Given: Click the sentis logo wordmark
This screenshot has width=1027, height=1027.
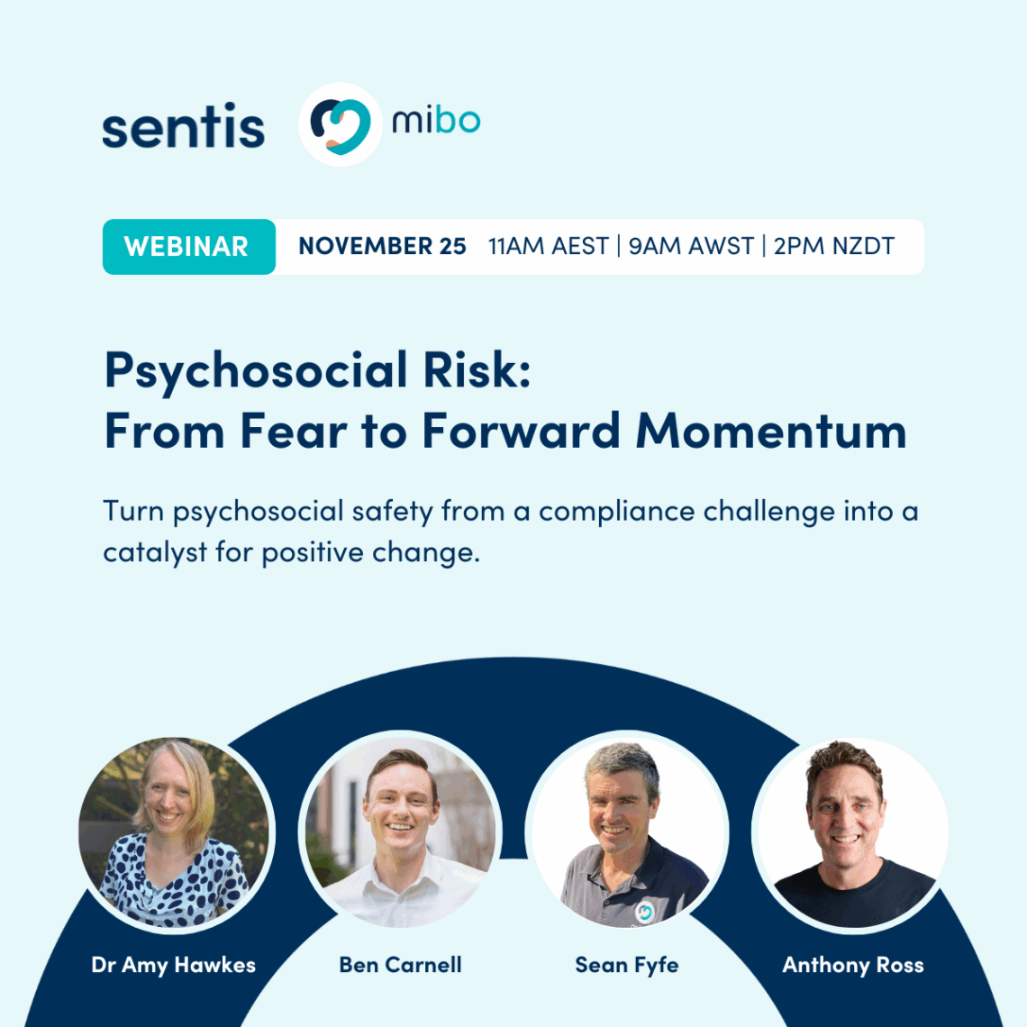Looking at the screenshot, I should click(183, 126).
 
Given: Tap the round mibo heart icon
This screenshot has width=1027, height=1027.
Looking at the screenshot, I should click(340, 124).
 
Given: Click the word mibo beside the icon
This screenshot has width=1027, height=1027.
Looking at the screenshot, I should click(436, 120).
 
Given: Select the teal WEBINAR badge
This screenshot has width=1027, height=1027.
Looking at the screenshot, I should click(187, 247).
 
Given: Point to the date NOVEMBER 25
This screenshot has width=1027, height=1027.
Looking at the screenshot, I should click(382, 247).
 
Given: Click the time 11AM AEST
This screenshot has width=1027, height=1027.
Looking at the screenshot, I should click(548, 247).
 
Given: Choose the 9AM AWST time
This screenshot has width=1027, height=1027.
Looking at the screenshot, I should click(691, 247).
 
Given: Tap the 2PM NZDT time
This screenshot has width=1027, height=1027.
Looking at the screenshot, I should click(834, 247).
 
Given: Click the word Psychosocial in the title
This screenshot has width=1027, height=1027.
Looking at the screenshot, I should click(256, 370).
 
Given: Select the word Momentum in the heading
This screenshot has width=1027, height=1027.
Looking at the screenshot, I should click(771, 431).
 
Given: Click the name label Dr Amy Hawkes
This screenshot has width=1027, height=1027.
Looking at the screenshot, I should click(174, 965).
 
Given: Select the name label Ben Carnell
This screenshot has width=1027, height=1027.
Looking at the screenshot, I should click(400, 965).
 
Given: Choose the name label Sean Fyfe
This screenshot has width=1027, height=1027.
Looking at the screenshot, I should click(627, 965).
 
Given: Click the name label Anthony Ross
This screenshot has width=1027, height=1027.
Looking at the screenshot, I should click(853, 965).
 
